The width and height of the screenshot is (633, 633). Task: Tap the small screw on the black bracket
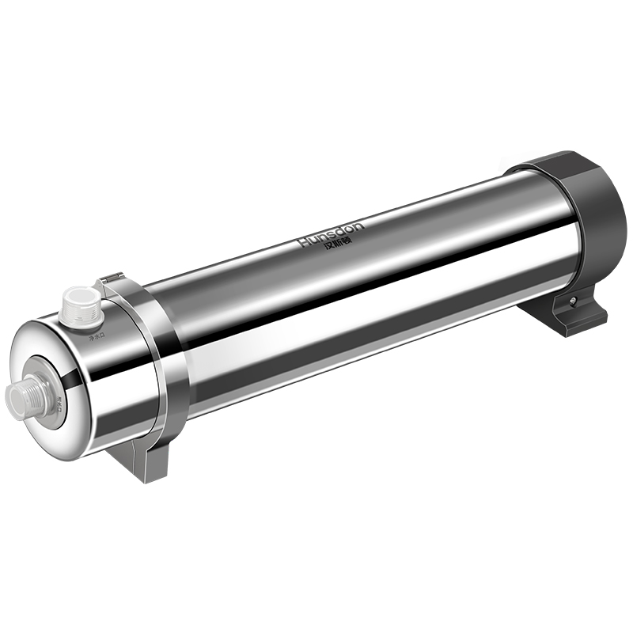(x=572, y=301)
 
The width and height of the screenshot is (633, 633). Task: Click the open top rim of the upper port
(x=81, y=295)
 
